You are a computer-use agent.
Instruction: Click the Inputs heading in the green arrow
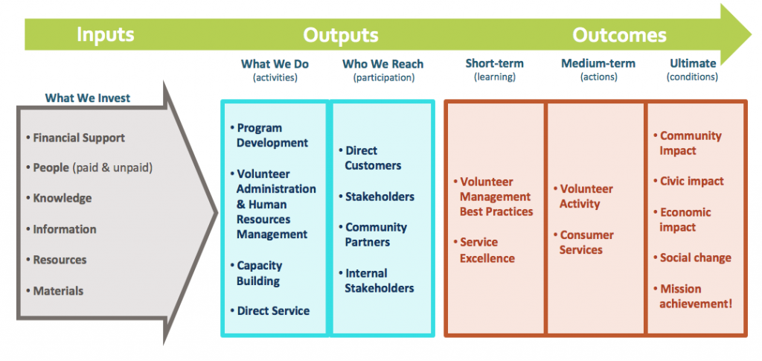click(105, 35)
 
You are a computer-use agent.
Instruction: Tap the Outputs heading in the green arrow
click(341, 35)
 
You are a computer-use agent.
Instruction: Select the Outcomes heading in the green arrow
click(619, 35)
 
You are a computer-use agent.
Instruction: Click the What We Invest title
click(88, 98)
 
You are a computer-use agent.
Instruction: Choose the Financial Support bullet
click(75, 138)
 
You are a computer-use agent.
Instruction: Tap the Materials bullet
click(54, 291)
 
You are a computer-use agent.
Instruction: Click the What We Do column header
click(275, 64)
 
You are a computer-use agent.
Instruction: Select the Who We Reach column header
click(383, 64)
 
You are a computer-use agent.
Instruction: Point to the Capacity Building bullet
click(256, 273)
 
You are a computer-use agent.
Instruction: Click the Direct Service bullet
click(269, 311)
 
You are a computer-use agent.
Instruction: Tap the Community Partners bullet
click(373, 234)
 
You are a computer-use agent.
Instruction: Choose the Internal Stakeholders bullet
click(376, 281)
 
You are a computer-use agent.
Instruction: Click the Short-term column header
click(495, 63)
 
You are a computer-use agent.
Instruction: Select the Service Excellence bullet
click(484, 250)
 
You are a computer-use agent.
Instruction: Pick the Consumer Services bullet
click(584, 243)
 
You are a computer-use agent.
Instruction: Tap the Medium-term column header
click(598, 63)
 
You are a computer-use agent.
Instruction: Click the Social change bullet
click(692, 258)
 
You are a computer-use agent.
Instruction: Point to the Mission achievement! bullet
click(693, 296)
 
